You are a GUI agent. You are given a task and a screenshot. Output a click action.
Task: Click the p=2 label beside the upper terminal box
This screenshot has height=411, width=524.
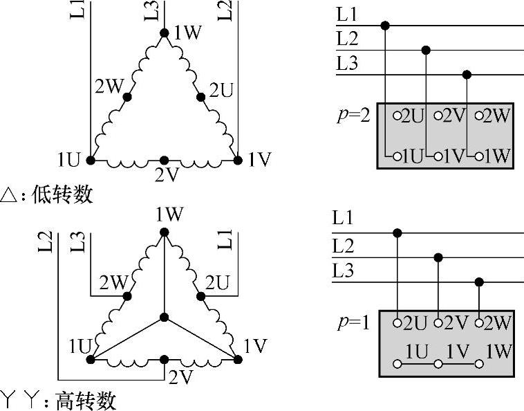[354, 114]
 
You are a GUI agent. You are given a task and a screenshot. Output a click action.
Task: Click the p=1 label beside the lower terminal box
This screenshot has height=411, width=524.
[354, 321]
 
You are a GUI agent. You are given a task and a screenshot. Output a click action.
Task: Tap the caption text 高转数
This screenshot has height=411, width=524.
[86, 401]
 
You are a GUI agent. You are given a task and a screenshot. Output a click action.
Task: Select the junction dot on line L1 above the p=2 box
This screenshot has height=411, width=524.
[385, 26]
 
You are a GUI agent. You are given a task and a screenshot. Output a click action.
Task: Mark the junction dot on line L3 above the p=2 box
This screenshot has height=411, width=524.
[467, 75]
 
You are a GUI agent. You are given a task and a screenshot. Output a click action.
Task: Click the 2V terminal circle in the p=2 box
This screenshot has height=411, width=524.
[438, 116]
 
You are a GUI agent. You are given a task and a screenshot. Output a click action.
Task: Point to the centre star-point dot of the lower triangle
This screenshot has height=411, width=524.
[164, 317]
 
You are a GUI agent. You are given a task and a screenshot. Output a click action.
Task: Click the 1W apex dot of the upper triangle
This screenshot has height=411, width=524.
[164, 33]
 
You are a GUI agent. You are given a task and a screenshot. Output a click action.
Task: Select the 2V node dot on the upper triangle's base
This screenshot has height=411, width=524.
[164, 161]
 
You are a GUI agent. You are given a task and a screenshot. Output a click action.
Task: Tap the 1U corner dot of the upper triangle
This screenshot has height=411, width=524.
[91, 161]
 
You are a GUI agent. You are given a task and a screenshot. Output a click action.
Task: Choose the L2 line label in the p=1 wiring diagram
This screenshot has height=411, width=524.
[344, 245]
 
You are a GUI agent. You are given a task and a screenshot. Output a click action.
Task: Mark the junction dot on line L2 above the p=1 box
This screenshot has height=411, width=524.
[438, 257]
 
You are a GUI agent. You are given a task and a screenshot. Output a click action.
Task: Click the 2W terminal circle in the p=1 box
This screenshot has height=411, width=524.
[480, 322]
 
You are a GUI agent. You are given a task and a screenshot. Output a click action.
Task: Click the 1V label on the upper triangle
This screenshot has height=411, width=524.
[259, 161]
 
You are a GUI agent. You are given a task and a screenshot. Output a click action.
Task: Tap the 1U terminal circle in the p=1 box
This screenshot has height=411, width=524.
[397, 363]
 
